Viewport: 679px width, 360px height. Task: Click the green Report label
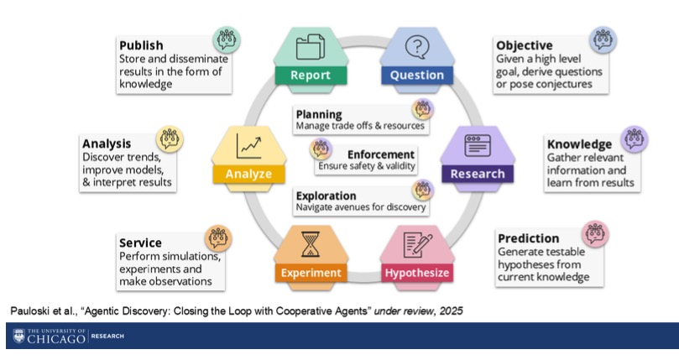(311, 76)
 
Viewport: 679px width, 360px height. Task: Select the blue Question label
(417, 76)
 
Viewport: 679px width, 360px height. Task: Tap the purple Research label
(478, 174)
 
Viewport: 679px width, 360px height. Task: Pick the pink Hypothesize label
(417, 273)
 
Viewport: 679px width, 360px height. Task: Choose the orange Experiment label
(311, 273)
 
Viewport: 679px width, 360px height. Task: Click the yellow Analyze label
(248, 175)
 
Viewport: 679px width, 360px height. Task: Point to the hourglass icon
(311, 244)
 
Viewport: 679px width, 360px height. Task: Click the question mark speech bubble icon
(417, 47)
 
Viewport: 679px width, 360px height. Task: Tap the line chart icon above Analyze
(248, 146)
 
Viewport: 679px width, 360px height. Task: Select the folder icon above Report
(311, 47)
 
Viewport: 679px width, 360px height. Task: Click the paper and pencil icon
(417, 244)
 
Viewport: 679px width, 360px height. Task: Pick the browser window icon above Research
(478, 145)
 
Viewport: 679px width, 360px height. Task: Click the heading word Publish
(141, 45)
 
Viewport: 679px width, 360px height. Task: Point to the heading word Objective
(525, 45)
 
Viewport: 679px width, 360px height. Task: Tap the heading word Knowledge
(579, 144)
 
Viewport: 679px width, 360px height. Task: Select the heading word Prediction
(528, 238)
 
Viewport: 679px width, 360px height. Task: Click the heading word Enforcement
(381, 154)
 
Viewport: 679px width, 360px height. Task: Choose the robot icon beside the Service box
(218, 238)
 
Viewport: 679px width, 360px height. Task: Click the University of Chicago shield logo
(18, 336)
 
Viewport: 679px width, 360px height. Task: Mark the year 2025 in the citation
(452, 311)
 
